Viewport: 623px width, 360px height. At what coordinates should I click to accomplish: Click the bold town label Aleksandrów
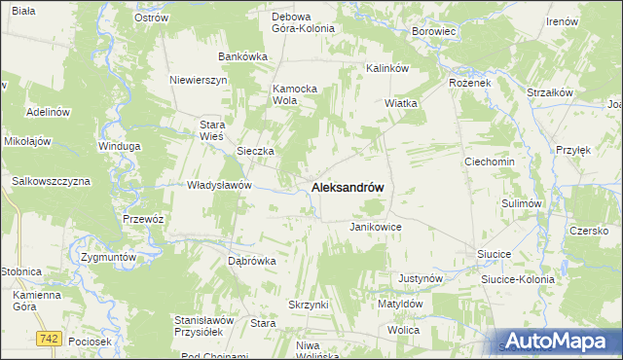coord(348,187)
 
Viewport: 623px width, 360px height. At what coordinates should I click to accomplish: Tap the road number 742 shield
coord(49,338)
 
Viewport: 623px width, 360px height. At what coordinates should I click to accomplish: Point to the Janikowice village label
coord(376,227)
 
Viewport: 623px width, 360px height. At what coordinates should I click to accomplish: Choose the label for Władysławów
coord(220,185)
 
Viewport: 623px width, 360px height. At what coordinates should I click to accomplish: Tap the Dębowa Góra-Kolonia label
coord(303,22)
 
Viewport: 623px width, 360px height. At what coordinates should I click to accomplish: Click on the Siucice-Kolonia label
coord(518,278)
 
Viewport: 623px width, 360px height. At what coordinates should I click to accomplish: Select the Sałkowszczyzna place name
coord(51,181)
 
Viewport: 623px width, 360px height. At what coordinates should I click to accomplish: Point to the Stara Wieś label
coord(211,130)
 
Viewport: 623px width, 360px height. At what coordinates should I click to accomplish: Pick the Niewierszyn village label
coord(198,80)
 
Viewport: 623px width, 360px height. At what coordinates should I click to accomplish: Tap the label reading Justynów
coord(421,278)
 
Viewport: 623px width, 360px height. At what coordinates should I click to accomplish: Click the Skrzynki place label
coord(309,305)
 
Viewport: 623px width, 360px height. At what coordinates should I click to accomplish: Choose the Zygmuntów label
coord(107,257)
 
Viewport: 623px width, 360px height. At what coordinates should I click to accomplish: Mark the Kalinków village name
coord(386,68)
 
